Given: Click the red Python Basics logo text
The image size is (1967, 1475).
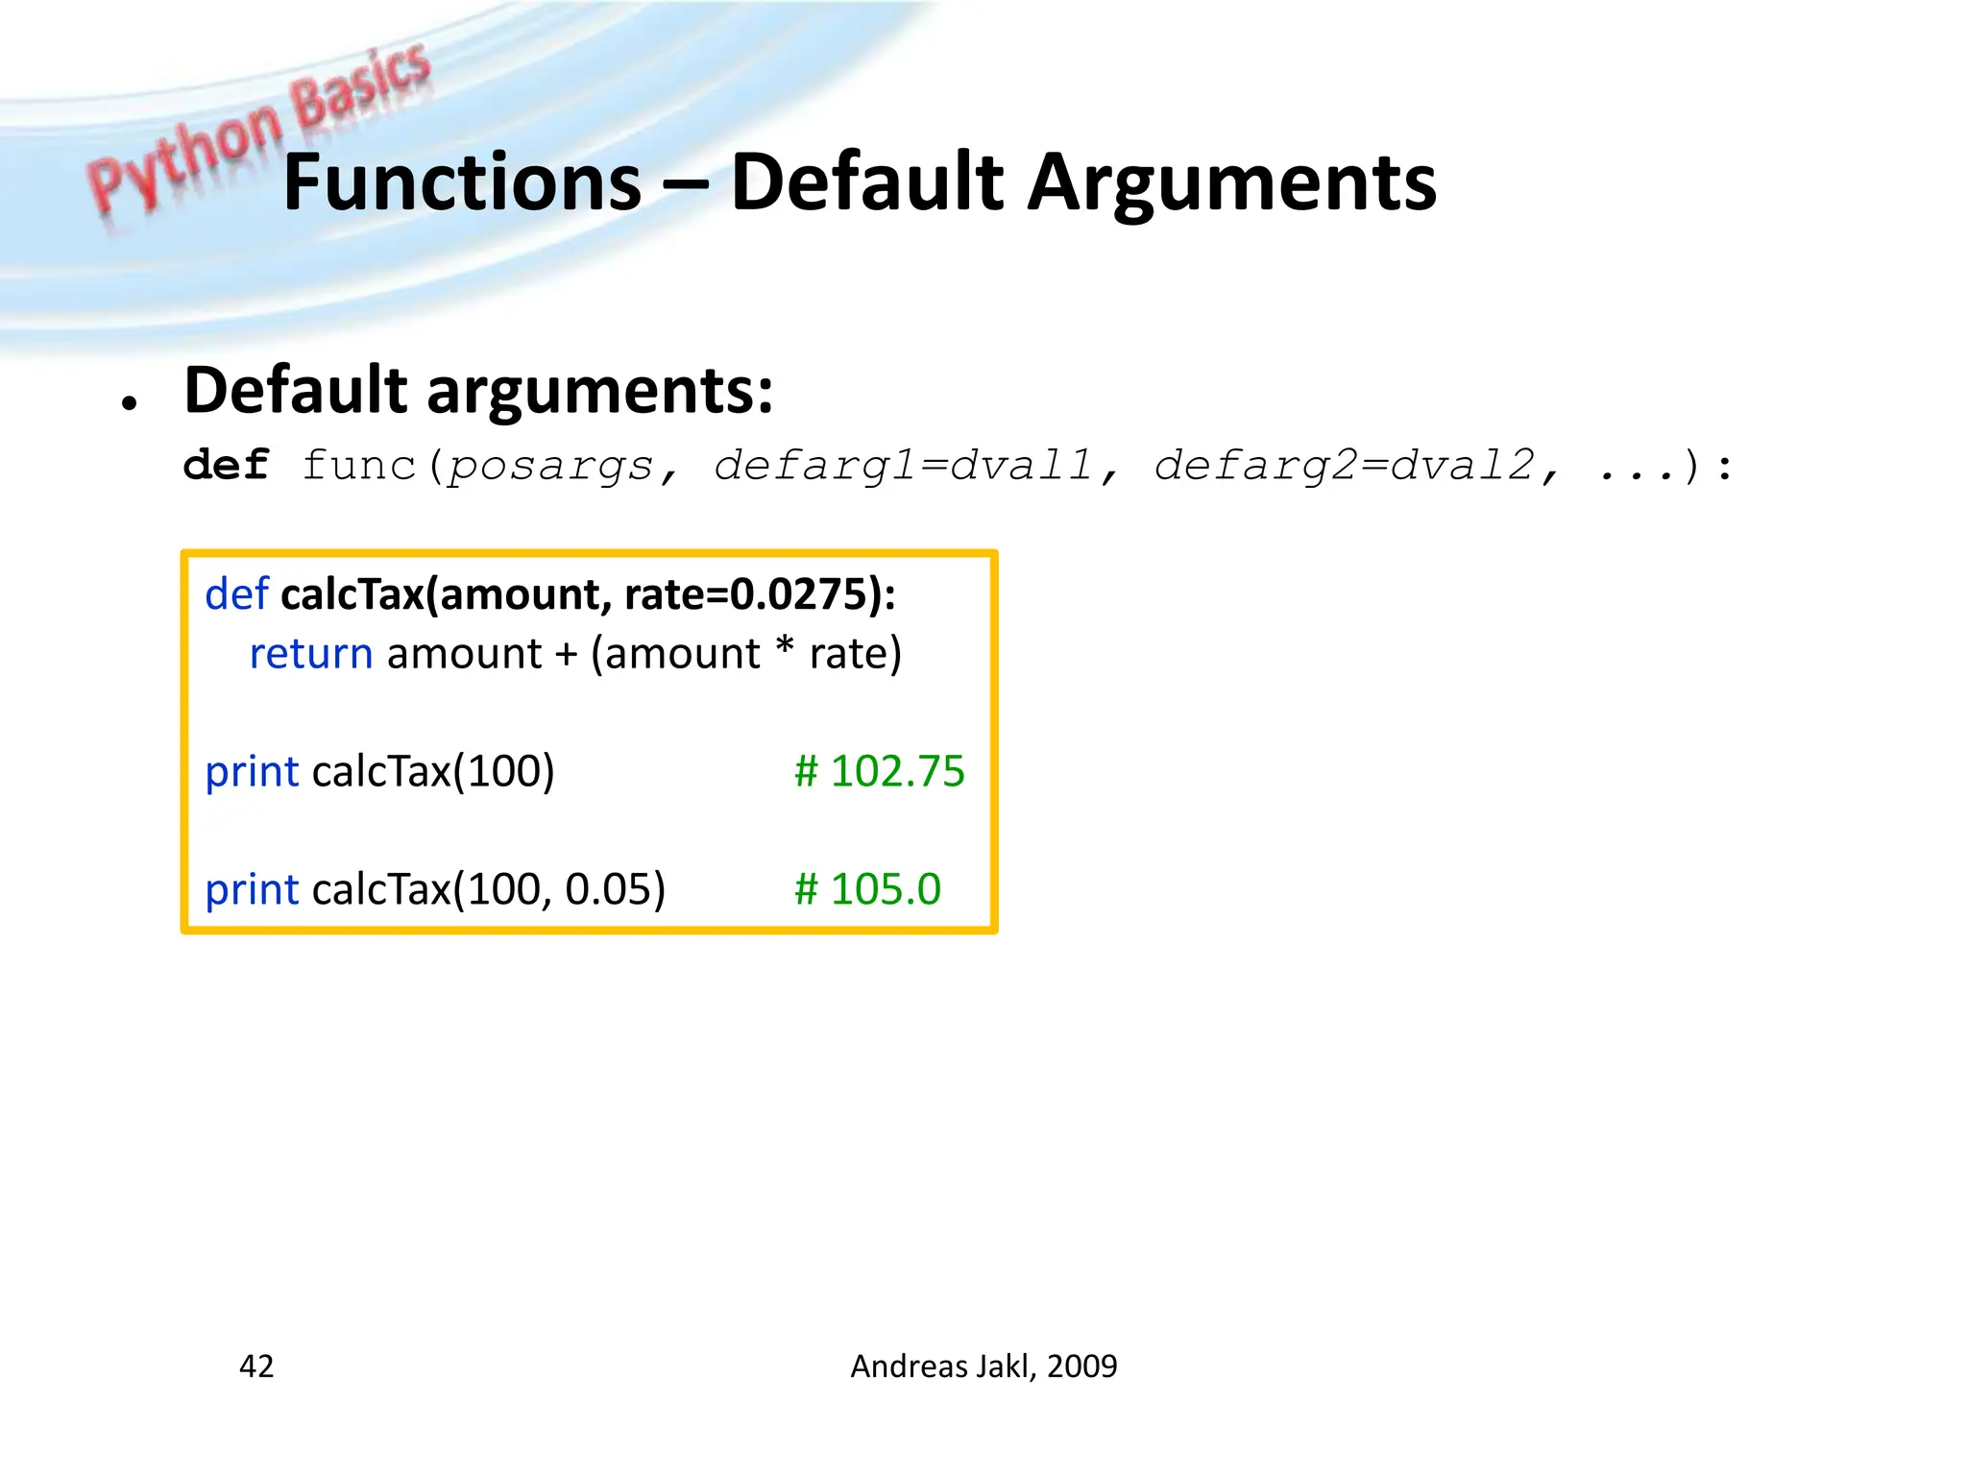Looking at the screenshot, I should coord(259,125).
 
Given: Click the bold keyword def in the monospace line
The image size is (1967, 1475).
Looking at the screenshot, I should coord(227,466).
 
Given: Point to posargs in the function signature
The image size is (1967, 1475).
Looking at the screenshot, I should coord(551,468).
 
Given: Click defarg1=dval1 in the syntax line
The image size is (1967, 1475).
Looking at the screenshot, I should coord(903,468).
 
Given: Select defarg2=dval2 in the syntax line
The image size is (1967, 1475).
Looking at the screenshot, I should coord(1344,468).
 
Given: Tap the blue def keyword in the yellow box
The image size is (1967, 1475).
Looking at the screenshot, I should coord(236,594).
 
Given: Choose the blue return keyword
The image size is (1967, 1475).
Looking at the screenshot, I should coord(310,654).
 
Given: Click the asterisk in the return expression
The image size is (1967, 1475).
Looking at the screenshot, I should coord(785,647).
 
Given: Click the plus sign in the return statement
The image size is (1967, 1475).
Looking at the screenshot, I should coord(566,655).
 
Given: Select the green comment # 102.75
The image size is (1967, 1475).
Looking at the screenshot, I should coord(879,771).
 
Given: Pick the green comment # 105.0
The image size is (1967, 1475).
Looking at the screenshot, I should coord(867,889).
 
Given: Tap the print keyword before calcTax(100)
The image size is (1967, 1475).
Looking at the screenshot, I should coord(252,772).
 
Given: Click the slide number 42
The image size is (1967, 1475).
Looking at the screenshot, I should coord(256,1366).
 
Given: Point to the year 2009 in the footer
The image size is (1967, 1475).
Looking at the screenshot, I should coord(1082,1366).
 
